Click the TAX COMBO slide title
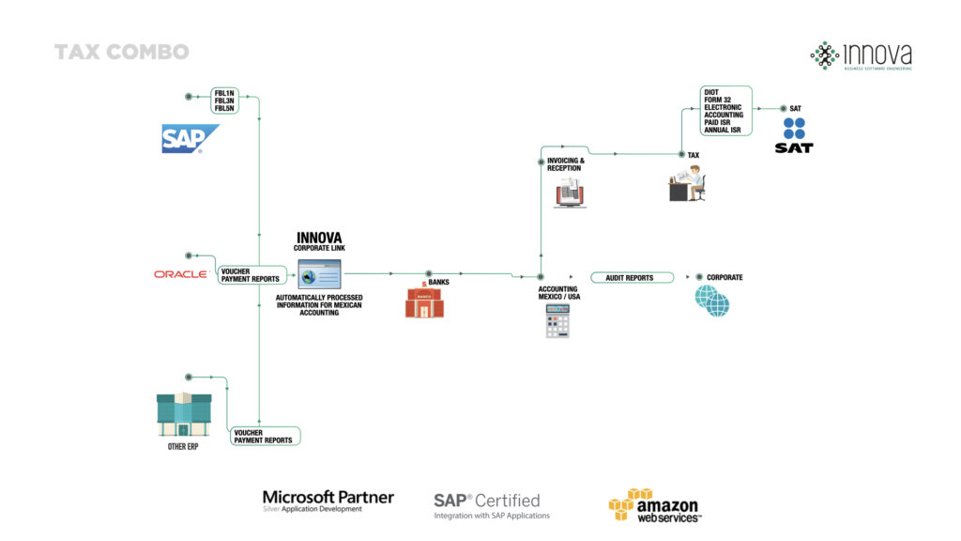click(121, 52)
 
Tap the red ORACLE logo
click(180, 274)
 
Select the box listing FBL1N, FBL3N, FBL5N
click(225, 100)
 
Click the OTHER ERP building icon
click(183, 413)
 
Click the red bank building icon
click(424, 301)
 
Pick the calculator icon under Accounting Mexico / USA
click(557, 320)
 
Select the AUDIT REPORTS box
click(633, 278)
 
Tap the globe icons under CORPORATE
click(711, 301)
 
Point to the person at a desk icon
click(687, 182)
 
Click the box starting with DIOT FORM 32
click(725, 111)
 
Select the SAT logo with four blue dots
click(794, 134)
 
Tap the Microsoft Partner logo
click(328, 501)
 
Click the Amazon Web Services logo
click(654, 505)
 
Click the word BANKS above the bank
click(439, 282)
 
